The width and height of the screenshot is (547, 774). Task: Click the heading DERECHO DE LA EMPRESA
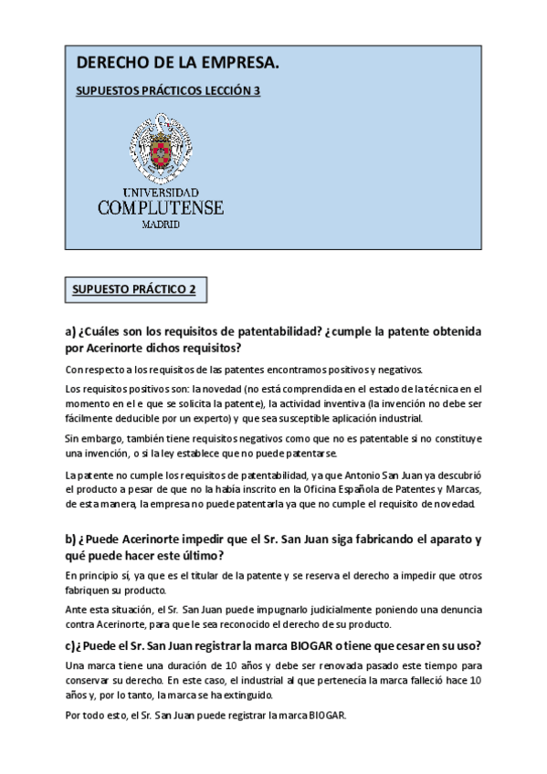point(176,63)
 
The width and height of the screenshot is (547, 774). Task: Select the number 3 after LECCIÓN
point(258,92)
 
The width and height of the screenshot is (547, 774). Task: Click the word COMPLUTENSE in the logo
point(161,208)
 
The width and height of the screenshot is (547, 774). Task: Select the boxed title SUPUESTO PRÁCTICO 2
point(135,289)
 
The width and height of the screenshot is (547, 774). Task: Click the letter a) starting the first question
point(71,332)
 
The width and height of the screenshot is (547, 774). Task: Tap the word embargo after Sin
point(98,439)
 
